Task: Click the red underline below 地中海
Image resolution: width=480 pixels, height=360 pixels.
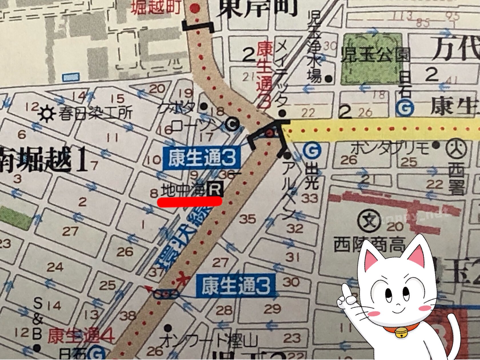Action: point(190,201)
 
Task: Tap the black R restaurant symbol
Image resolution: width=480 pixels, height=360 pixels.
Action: point(215,189)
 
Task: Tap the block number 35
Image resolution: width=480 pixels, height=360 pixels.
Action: point(247,219)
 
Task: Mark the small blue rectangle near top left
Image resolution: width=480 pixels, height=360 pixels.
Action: point(71,77)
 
